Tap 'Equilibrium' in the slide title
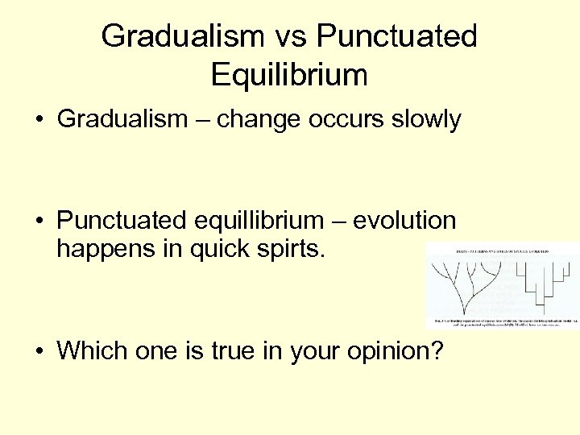289,75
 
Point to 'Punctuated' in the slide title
397,36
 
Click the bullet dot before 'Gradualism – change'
38,121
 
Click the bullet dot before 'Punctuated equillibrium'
38,221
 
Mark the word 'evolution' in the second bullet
404,220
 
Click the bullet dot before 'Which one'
38,351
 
